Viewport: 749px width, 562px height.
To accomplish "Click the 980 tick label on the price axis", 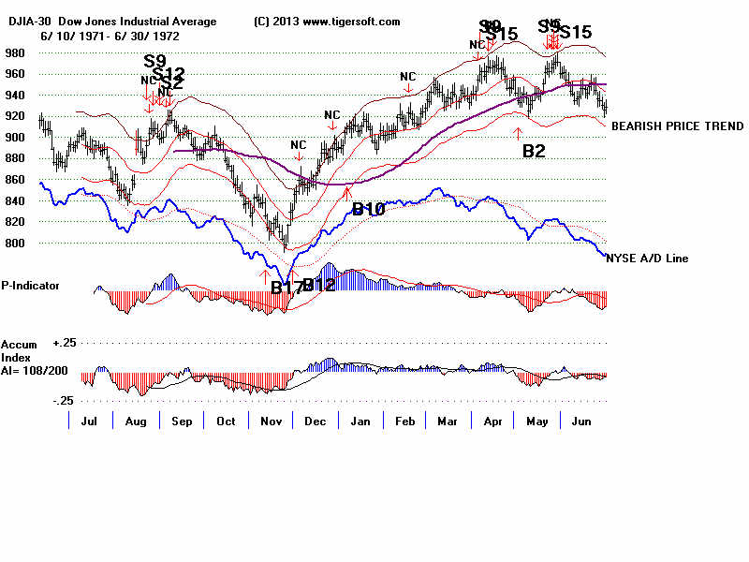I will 16,52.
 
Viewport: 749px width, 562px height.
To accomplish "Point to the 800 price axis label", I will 16,244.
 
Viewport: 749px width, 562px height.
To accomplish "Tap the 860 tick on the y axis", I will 16,180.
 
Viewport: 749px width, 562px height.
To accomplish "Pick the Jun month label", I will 581,422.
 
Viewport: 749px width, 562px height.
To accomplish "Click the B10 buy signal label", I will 368,210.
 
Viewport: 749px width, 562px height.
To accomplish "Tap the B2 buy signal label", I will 534,151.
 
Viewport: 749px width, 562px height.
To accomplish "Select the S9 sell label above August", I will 154,62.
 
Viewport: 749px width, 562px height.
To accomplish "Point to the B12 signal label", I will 318,286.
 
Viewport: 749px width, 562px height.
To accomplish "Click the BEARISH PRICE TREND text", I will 677,126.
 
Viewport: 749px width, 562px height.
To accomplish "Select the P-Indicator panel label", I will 32,286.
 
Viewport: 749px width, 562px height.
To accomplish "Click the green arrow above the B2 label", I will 517,133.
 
